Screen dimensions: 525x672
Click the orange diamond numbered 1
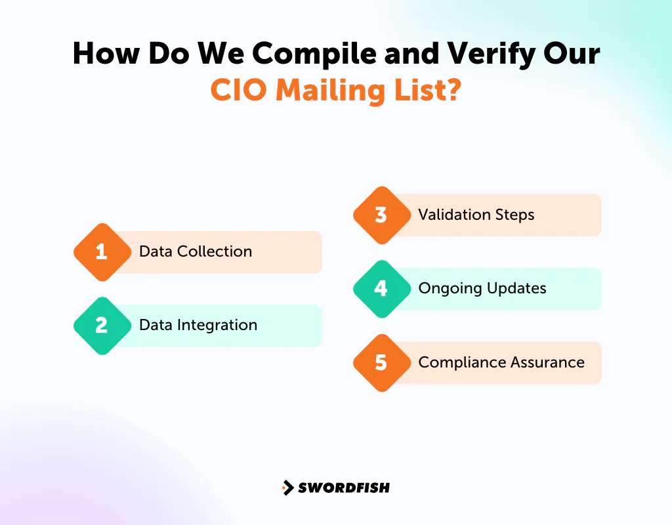101,252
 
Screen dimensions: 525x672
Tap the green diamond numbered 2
101,325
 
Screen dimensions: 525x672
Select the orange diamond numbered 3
381,215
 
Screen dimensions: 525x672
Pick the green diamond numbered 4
381,289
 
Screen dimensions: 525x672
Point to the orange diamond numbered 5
381,363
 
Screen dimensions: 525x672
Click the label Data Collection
196,251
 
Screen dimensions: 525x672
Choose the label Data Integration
198,325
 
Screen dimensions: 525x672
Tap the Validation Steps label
476,215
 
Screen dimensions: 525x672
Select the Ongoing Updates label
482,288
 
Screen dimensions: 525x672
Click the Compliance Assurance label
501,362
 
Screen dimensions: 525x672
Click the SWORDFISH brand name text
344,488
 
